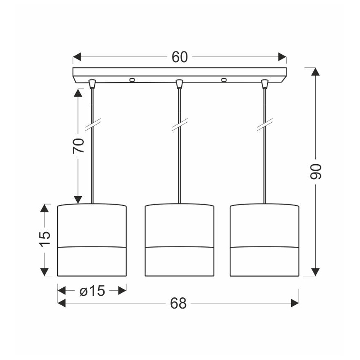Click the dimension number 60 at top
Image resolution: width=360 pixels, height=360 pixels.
click(x=180, y=57)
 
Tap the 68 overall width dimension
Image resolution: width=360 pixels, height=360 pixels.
click(x=178, y=304)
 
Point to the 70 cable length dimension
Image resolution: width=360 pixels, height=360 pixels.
click(x=78, y=146)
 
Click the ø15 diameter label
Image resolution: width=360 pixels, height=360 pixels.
click(x=92, y=291)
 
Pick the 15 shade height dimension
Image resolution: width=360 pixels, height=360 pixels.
click(x=45, y=238)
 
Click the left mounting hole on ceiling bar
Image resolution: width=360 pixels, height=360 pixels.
click(x=132, y=80)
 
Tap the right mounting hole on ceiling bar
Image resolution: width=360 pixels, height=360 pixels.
click(x=224, y=80)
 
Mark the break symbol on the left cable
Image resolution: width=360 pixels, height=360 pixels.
click(x=93, y=124)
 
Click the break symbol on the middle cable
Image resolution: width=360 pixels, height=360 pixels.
click(x=180, y=124)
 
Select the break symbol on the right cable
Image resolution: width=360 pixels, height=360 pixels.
click(x=265, y=124)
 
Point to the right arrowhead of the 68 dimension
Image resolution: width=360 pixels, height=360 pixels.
click(x=294, y=303)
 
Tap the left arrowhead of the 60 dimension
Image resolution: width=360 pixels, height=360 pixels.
click(x=77, y=57)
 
